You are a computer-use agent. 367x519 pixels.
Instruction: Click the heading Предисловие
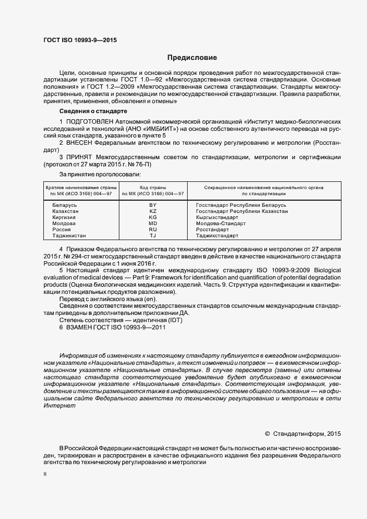pos(192,58)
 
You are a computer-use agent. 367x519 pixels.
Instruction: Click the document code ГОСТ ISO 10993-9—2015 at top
pos(80,40)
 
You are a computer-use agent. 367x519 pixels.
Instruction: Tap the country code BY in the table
pos(153,205)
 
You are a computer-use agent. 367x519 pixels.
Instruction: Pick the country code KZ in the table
pos(153,211)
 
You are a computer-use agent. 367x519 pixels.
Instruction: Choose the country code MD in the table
pos(153,223)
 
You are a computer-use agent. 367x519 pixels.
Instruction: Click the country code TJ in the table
pos(153,236)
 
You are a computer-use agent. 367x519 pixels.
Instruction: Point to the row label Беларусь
pos(64,205)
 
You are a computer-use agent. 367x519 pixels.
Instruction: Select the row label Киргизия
pos(65,217)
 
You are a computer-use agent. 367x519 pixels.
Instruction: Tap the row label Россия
pos(62,230)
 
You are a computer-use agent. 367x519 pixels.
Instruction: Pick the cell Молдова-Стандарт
pos(221,223)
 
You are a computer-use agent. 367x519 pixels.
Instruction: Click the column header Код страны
pos(153,187)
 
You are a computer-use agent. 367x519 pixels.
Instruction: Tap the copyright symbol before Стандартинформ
pos(267,434)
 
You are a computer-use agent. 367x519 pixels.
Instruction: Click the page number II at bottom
pos(45,475)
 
